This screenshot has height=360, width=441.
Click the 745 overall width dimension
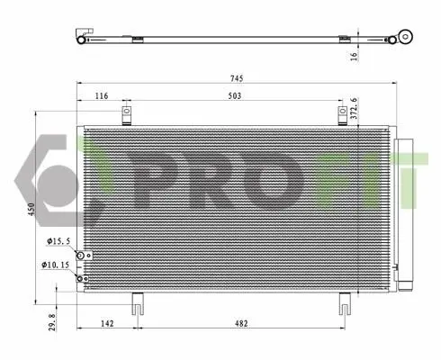(237, 78)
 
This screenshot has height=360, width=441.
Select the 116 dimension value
(102, 95)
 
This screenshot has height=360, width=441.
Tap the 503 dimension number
(234, 95)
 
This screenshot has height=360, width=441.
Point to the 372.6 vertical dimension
(355, 108)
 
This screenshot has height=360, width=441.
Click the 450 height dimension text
(31, 209)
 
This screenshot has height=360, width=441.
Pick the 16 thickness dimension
(354, 57)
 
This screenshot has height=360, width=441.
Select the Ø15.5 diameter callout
(58, 241)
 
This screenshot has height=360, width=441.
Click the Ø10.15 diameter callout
(56, 265)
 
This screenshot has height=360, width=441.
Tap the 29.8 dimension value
(52, 322)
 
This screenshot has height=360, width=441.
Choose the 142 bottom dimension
(107, 323)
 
